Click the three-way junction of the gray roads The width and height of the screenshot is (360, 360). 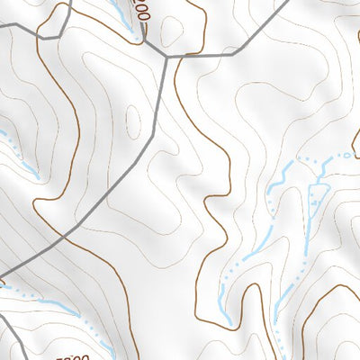point(166,56)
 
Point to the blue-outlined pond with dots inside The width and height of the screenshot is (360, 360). point(315,200)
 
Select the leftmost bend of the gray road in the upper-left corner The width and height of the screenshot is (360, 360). point(40,36)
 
